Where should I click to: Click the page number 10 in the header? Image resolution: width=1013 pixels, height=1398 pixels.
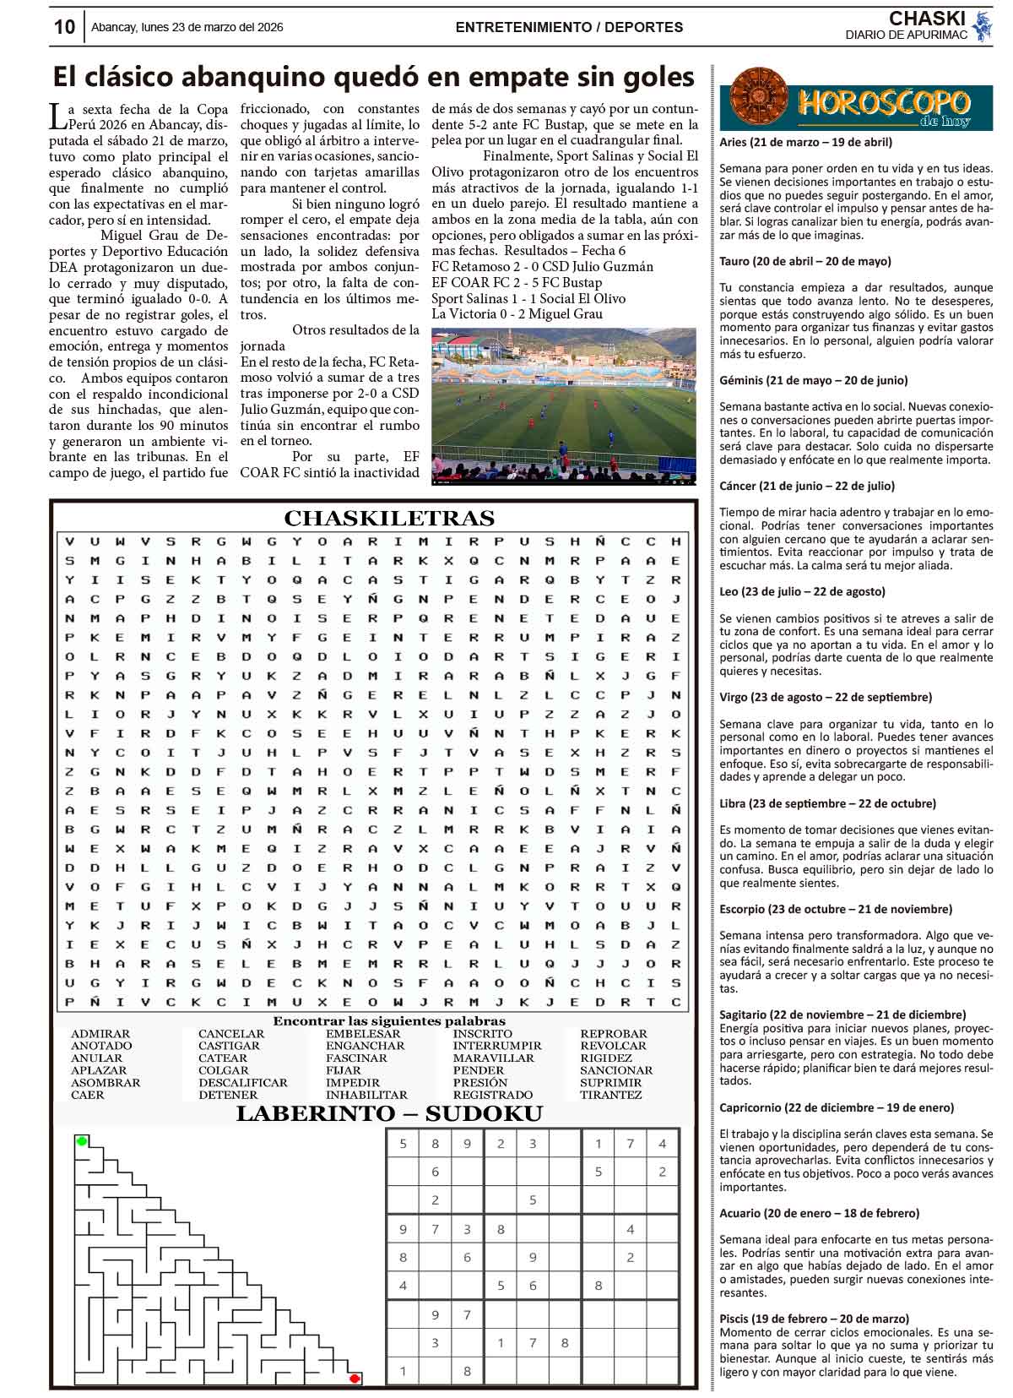[64, 27]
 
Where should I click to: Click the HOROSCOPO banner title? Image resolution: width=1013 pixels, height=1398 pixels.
[882, 104]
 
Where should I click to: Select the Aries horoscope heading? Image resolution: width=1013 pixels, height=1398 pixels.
[805, 143]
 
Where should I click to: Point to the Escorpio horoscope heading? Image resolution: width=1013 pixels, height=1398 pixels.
[836, 909]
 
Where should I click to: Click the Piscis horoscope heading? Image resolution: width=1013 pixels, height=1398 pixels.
[814, 1318]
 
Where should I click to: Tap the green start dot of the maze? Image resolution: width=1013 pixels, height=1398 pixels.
[82, 1141]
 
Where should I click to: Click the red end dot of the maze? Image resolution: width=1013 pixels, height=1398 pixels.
[355, 1379]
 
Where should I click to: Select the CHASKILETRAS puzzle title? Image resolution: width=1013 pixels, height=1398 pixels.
[389, 518]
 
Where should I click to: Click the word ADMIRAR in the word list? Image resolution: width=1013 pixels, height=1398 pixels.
[100, 1034]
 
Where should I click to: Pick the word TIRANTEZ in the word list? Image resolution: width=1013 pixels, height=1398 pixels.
[610, 1095]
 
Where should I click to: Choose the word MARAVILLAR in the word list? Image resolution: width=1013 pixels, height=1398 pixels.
[493, 1058]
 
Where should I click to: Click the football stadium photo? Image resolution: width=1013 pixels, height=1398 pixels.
[564, 407]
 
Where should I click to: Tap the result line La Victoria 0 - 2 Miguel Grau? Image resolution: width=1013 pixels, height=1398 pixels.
[517, 314]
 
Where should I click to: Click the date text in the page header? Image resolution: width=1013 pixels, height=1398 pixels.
[187, 27]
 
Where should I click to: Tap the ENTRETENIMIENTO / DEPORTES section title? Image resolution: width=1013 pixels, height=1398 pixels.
[569, 27]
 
